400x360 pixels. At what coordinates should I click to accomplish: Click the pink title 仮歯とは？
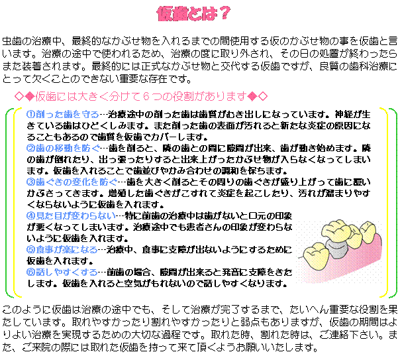(193, 13)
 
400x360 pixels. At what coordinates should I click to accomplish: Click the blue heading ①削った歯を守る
(63, 115)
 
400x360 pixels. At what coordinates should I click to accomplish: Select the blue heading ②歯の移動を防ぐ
(64, 148)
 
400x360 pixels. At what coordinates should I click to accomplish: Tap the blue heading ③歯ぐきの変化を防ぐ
(72, 182)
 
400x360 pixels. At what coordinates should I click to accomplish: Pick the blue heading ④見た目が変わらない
(71, 216)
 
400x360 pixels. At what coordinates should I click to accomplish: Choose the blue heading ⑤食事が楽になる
(62, 249)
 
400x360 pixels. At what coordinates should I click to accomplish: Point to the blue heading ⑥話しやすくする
(62, 272)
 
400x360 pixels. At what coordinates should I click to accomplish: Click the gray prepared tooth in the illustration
(337, 248)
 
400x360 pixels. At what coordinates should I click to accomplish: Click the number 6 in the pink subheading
(146, 97)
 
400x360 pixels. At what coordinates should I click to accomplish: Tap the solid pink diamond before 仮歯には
(30, 97)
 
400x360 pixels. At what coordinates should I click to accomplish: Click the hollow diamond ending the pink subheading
(263, 97)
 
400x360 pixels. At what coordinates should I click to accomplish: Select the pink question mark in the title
(225, 13)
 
